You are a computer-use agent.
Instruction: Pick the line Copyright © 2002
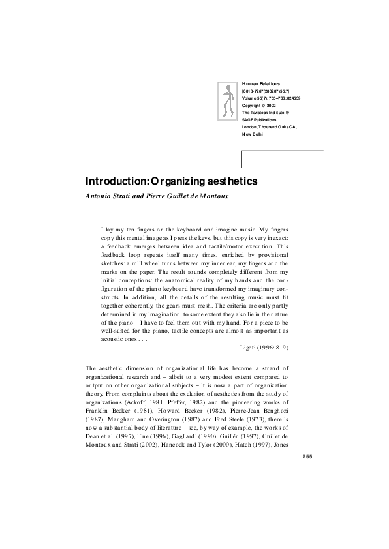[x=259, y=105]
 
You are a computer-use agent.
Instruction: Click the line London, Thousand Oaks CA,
[x=269, y=126]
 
